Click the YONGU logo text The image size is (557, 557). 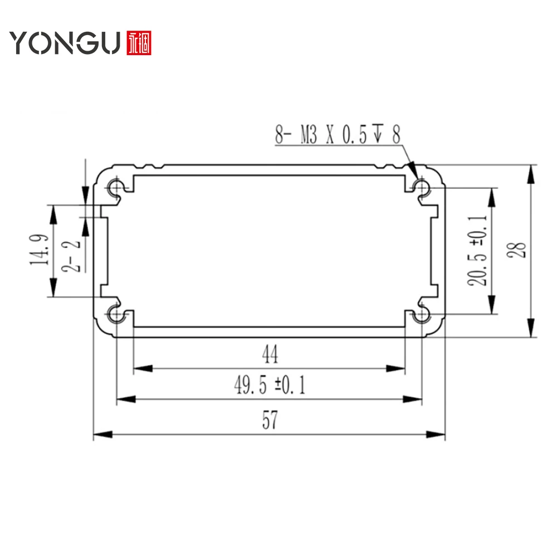pyautogui.click(x=64, y=42)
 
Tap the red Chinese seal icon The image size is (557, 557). pyautogui.click(x=139, y=42)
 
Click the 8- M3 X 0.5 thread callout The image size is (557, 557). pyautogui.click(x=338, y=134)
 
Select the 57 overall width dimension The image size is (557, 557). pyautogui.click(x=270, y=422)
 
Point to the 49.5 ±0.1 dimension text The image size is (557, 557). pyautogui.click(x=270, y=385)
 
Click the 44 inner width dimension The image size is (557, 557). pyautogui.click(x=270, y=355)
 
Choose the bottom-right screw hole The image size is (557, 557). pyautogui.click(x=423, y=315)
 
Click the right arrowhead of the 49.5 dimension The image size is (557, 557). pyautogui.click(x=414, y=398)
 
